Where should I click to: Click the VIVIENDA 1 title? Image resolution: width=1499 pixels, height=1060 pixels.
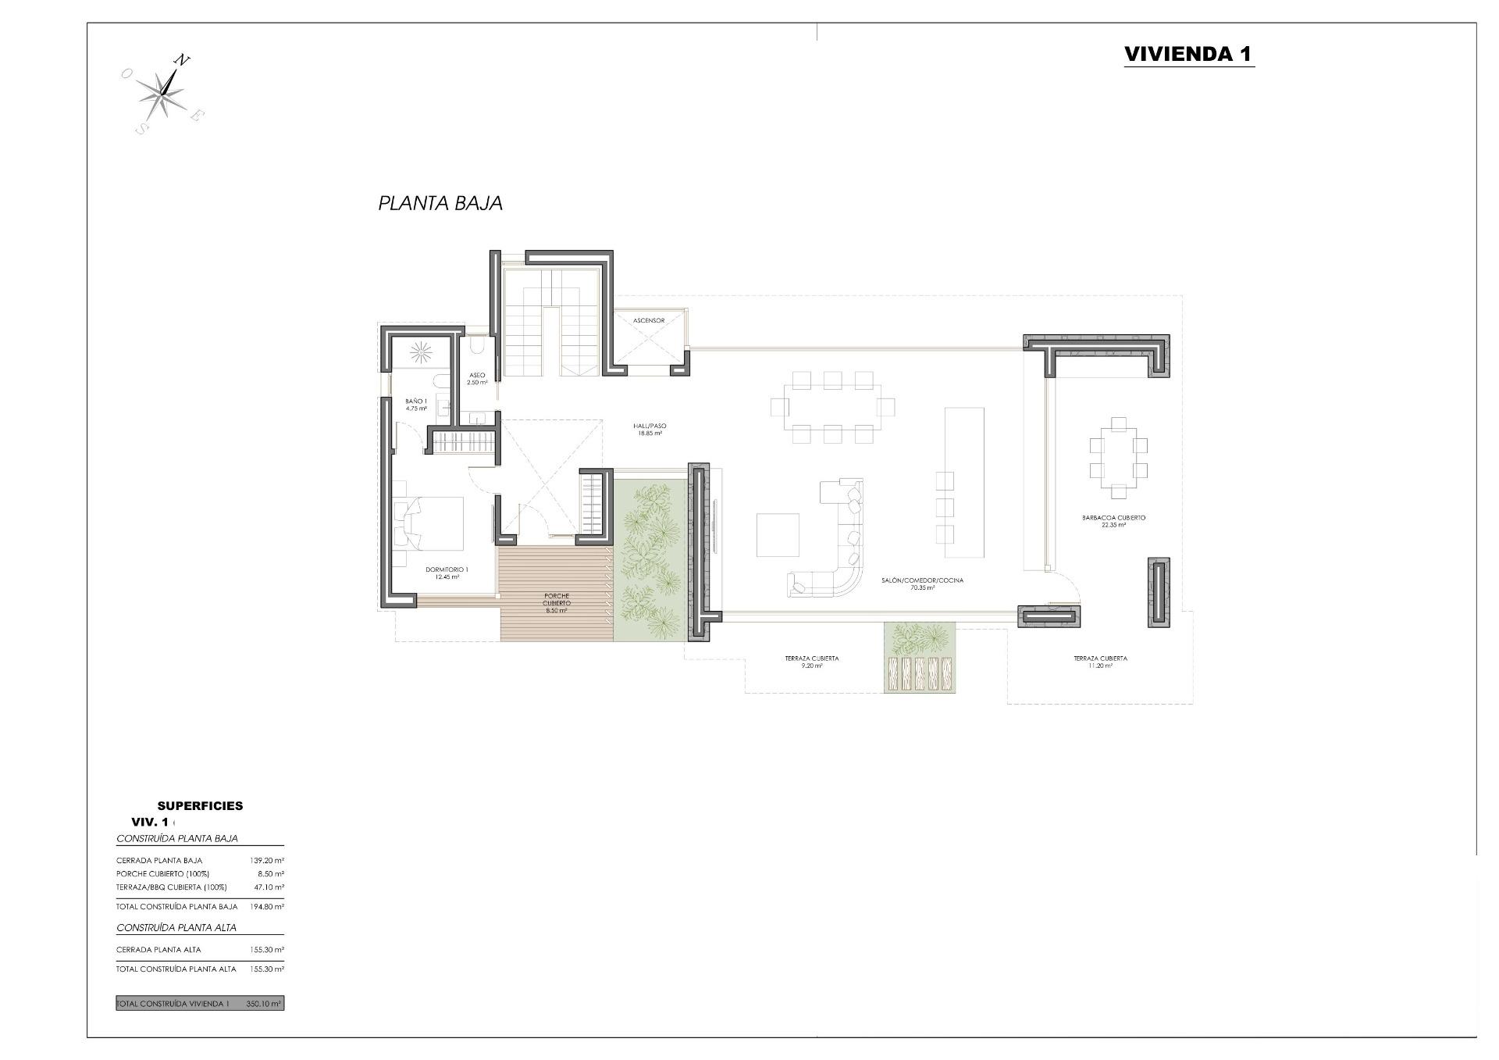tap(1188, 54)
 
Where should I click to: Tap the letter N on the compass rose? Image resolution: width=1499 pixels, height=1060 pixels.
tap(181, 60)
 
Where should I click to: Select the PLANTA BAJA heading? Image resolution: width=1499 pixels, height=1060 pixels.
tap(440, 203)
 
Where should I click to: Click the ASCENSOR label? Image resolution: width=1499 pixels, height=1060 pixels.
tap(649, 320)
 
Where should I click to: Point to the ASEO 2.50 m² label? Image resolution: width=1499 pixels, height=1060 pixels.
tap(477, 379)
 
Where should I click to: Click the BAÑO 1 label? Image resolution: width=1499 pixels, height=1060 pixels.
tap(416, 405)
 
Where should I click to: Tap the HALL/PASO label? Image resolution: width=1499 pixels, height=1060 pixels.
tap(650, 429)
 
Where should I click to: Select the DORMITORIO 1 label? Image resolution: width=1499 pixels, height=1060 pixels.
tap(447, 573)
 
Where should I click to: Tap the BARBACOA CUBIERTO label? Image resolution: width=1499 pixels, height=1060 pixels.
tap(1113, 521)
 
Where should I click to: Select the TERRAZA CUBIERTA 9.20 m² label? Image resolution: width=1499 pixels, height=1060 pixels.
tap(812, 662)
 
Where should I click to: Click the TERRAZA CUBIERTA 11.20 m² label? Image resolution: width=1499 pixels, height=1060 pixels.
tap(1100, 662)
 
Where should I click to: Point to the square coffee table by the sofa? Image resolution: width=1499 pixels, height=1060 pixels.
tap(778, 534)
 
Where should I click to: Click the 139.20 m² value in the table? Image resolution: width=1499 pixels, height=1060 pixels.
tap(266, 860)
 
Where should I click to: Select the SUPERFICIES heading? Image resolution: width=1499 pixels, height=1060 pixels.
tap(200, 805)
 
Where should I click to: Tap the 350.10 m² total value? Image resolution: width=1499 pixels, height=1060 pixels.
tap(262, 1004)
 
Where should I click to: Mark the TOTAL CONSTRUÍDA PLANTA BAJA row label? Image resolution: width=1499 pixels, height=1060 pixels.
tap(176, 907)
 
